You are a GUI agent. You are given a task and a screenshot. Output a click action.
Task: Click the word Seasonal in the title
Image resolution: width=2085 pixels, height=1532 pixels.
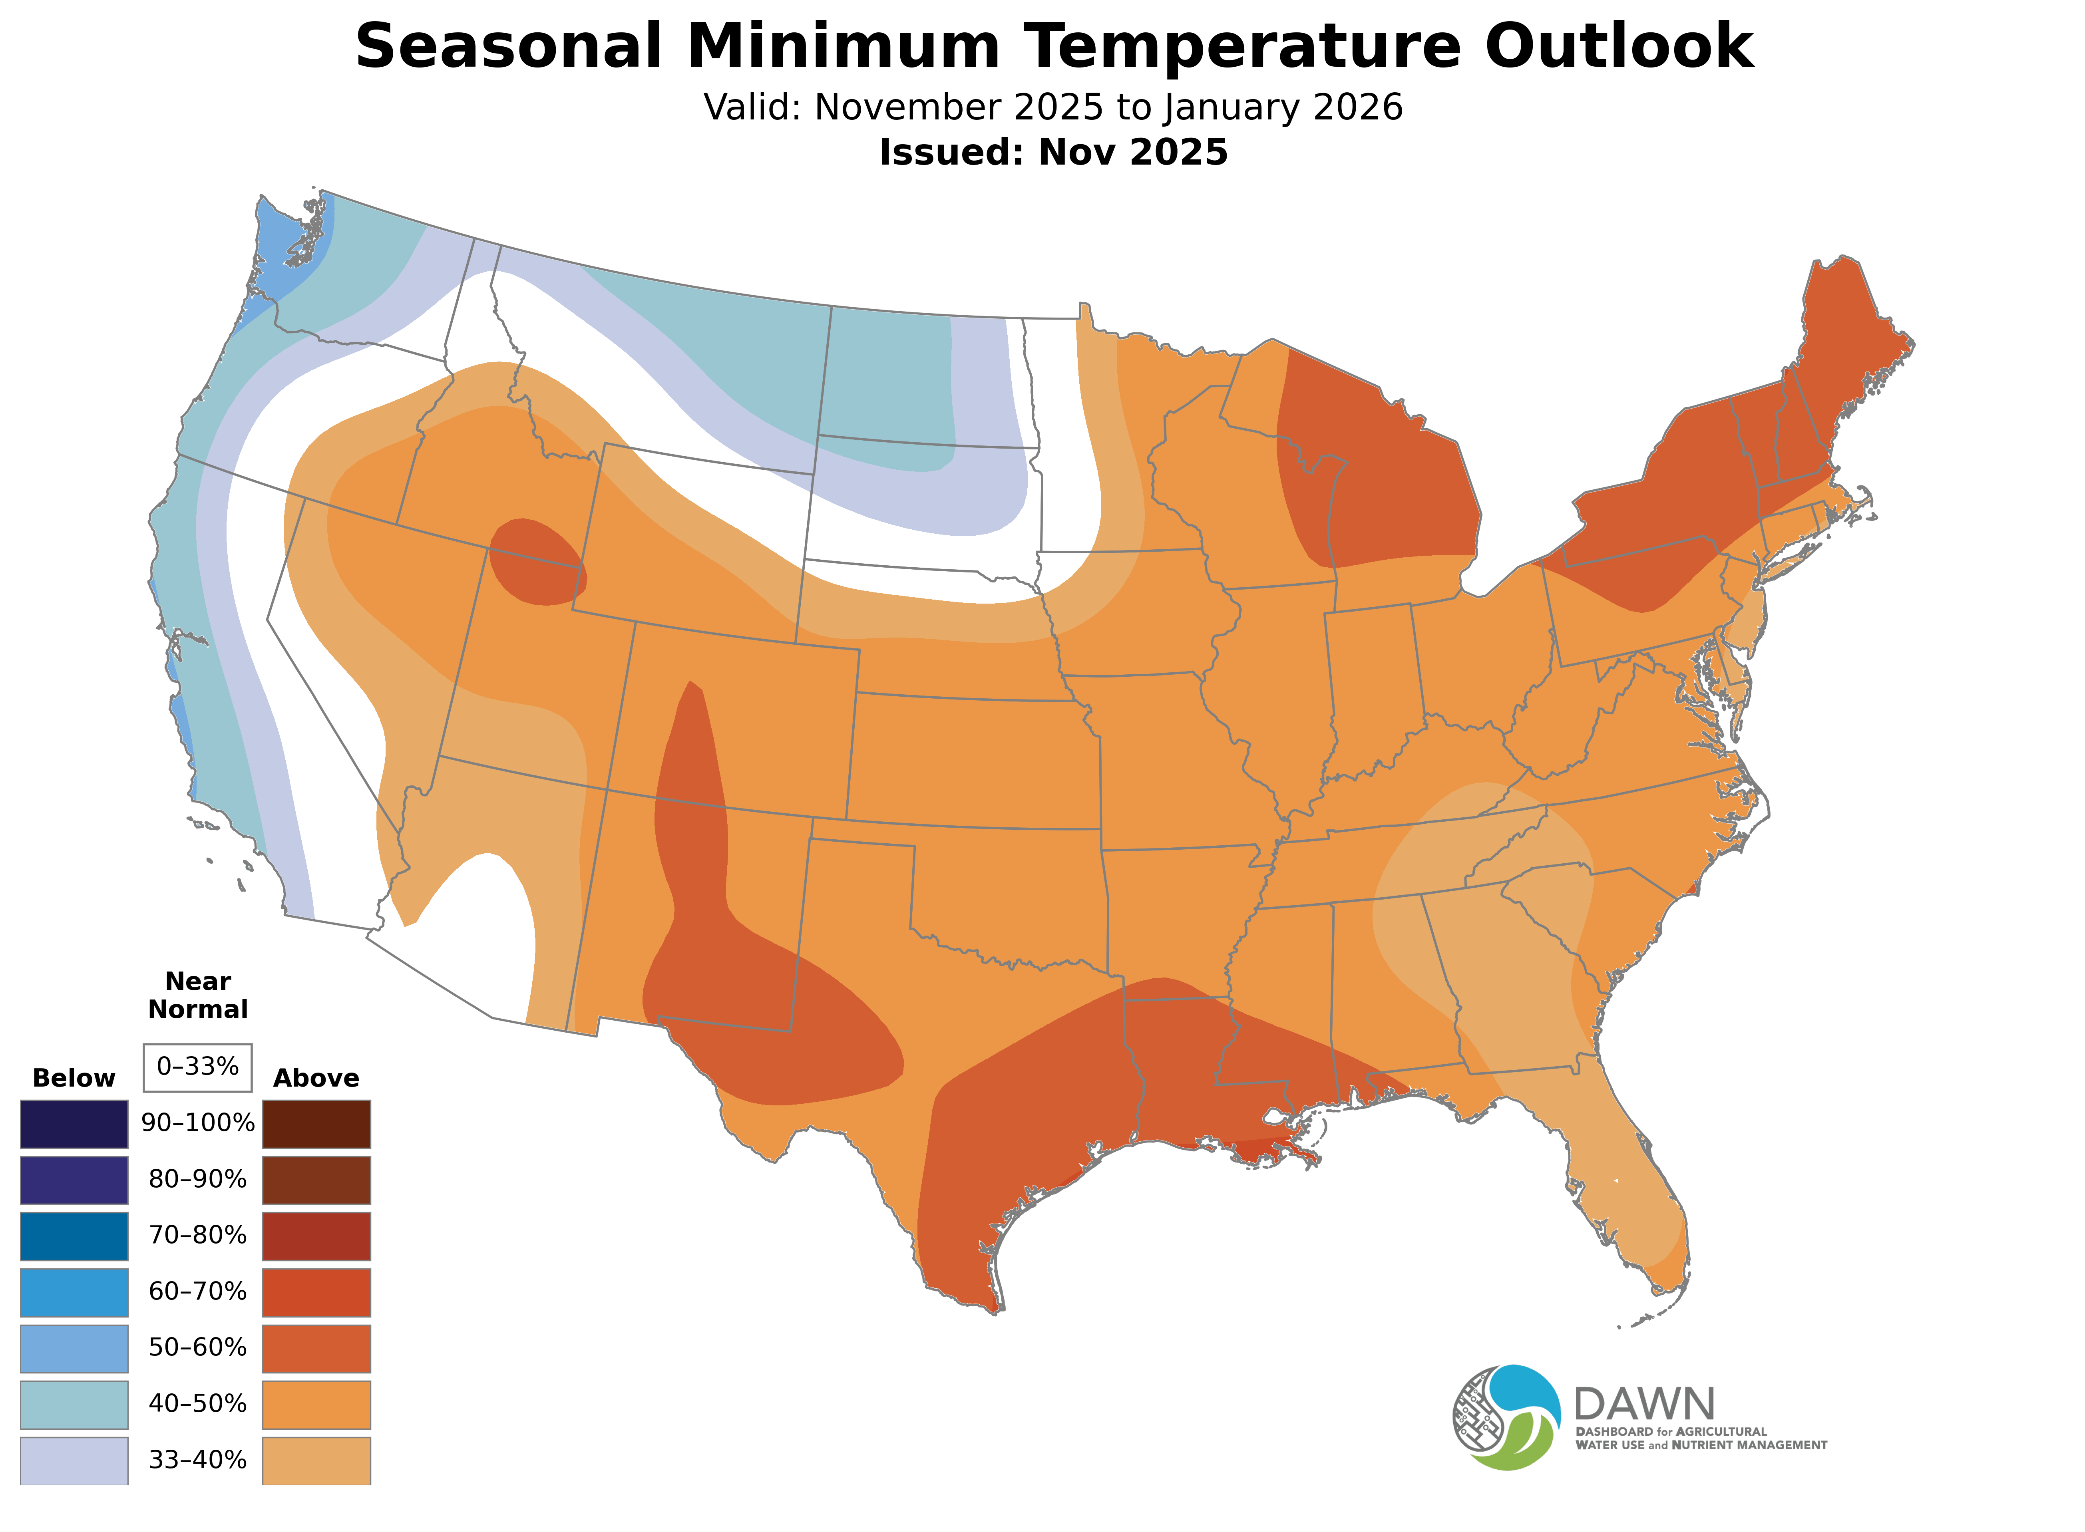tap(508, 46)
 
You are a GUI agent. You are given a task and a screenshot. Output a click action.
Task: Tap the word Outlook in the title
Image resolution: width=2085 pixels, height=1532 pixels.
tap(1618, 46)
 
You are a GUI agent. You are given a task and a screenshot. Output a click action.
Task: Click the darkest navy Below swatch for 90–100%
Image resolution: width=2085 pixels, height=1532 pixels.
tap(74, 1124)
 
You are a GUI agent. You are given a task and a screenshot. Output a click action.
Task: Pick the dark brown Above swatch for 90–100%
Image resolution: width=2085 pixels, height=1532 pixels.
tap(316, 1124)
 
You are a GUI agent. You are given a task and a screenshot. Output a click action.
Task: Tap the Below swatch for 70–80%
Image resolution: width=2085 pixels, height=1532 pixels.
tap(74, 1236)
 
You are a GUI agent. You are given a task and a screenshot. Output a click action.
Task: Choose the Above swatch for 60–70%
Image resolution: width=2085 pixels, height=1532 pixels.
tap(316, 1292)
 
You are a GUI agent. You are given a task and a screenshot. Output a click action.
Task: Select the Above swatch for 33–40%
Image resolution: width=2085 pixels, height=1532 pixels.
tap(316, 1460)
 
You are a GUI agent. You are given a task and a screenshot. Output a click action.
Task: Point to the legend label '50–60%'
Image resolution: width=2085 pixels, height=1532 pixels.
tap(197, 1347)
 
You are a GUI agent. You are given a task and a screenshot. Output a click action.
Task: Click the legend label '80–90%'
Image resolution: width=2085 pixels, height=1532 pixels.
tap(197, 1180)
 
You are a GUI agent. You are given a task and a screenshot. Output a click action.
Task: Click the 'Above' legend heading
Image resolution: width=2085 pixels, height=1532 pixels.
tap(316, 1079)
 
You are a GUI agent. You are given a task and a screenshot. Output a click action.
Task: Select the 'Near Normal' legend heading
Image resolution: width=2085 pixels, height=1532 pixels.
tap(197, 995)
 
